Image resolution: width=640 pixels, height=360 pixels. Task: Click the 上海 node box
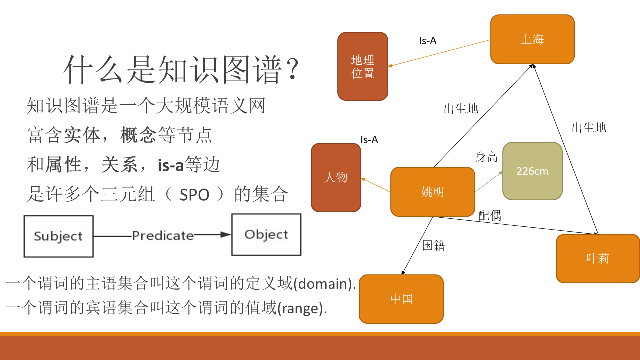[532, 39]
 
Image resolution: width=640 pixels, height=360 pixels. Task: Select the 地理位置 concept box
[363, 66]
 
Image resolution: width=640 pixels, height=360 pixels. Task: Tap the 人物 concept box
[336, 177]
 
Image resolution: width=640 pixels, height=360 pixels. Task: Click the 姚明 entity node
[432, 192]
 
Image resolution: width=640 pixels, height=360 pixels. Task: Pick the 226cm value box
[532, 171]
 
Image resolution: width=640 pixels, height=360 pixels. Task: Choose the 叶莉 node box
[597, 258]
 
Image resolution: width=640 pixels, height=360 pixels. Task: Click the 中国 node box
[401, 299]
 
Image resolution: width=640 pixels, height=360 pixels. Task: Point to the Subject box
[58, 236]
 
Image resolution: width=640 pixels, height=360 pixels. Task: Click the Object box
[266, 235]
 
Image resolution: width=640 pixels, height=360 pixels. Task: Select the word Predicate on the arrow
[162, 235]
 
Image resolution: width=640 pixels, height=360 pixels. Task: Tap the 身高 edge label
[486, 157]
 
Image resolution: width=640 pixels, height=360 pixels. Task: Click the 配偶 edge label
[489, 216]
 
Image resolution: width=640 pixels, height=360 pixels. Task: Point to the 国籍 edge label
[433, 245]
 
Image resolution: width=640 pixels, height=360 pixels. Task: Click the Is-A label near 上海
[427, 41]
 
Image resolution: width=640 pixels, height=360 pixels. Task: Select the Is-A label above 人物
[369, 140]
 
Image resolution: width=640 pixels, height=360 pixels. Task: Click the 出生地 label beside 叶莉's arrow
[589, 128]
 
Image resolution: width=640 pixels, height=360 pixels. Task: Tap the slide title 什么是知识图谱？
[182, 70]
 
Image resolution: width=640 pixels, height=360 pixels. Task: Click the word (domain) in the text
[324, 284]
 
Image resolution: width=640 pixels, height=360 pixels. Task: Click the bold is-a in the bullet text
[171, 165]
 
